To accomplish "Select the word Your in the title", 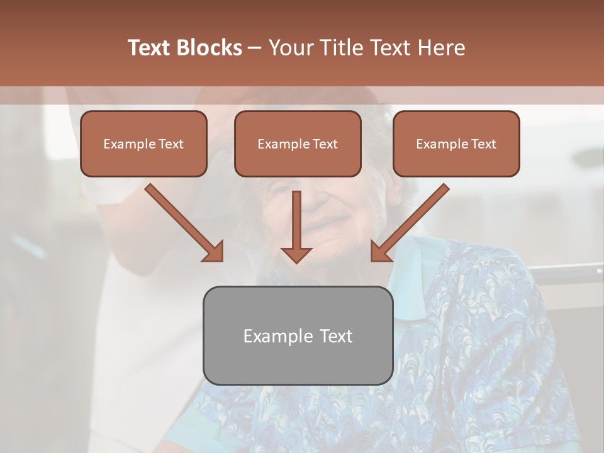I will [x=287, y=48].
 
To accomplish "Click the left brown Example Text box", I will [x=143, y=144].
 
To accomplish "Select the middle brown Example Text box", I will [x=298, y=144].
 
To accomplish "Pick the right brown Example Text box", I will [x=456, y=144].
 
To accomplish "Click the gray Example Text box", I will [x=298, y=336].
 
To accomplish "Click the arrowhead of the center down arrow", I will [x=296, y=254].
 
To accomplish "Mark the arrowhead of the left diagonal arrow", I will [x=214, y=252].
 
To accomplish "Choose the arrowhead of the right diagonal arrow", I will [x=380, y=252].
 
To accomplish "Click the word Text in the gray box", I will [x=335, y=336].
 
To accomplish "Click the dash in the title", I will [x=255, y=48].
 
